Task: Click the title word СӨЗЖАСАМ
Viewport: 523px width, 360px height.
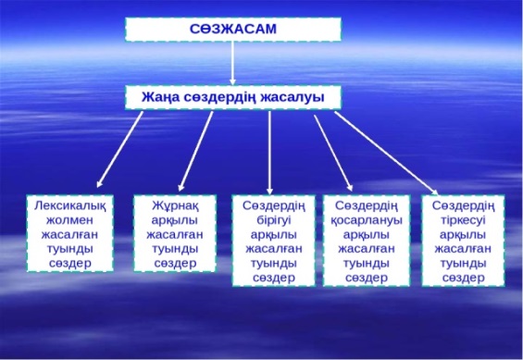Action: coord(233,29)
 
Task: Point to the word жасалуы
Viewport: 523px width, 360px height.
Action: coord(293,98)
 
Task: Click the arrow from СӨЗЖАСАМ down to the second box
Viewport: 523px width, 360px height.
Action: coord(233,63)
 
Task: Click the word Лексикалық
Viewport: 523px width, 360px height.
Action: coord(70,205)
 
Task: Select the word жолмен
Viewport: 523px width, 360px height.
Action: coord(69,220)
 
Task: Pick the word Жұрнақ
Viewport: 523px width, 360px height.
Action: coord(176,205)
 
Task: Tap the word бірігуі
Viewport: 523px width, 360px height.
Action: coord(274,220)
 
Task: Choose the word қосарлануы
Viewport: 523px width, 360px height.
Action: coord(367,220)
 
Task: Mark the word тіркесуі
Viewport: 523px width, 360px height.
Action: coord(464,220)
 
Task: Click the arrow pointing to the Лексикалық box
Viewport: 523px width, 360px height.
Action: coord(119,149)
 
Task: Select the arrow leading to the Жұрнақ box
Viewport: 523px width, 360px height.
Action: coord(195,152)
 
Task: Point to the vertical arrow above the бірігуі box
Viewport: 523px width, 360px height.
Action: coord(270,153)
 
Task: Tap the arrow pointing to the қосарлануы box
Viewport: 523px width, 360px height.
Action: coord(333,153)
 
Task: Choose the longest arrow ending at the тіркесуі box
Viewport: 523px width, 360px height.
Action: coord(386,153)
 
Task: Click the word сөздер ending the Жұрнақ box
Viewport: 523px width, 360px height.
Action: coord(176,264)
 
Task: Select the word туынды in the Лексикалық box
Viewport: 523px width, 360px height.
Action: coord(69,249)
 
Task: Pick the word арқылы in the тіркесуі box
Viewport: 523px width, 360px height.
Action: coord(463,235)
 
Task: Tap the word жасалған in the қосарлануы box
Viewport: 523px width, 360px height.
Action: coord(367,249)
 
